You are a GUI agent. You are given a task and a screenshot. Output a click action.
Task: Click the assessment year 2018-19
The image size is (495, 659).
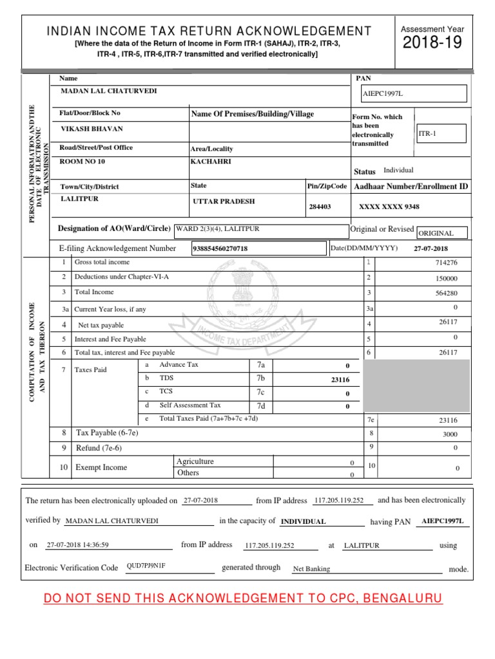(432, 44)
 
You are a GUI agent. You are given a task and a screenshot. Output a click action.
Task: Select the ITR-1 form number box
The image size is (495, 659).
(440, 133)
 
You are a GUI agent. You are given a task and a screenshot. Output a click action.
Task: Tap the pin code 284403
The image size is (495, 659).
(320, 207)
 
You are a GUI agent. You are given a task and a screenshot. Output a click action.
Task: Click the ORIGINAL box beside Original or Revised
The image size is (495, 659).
(442, 233)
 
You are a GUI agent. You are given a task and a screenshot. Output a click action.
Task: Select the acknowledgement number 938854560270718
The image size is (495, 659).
(221, 248)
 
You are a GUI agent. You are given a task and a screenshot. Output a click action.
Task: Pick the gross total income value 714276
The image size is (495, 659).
(446, 263)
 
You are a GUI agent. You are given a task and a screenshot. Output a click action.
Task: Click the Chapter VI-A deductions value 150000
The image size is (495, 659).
(446, 278)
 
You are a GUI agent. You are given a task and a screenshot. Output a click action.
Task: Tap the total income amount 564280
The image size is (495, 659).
(446, 293)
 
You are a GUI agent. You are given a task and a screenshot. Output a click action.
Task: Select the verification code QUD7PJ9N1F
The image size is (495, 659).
(146, 566)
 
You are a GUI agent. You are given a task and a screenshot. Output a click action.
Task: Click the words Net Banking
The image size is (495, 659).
(311, 569)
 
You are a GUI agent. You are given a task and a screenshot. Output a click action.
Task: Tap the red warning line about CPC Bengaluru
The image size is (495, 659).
(243, 599)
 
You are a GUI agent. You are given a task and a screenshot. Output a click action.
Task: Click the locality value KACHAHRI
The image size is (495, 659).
(209, 162)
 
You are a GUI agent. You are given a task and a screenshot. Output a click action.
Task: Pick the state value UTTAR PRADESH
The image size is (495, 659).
(224, 201)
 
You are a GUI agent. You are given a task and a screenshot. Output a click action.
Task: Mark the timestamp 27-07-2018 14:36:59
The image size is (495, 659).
(78, 544)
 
